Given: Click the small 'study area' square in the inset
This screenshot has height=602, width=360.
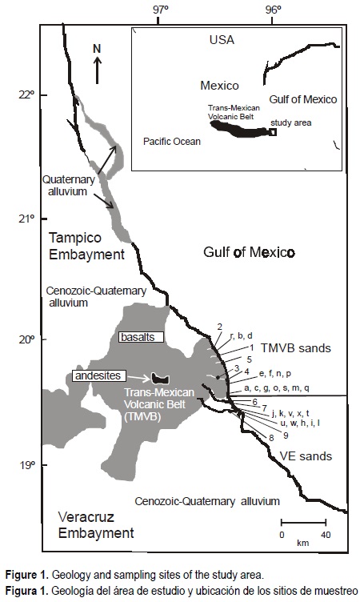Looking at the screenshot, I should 273,133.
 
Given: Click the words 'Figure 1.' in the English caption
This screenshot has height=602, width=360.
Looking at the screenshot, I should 28,575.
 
